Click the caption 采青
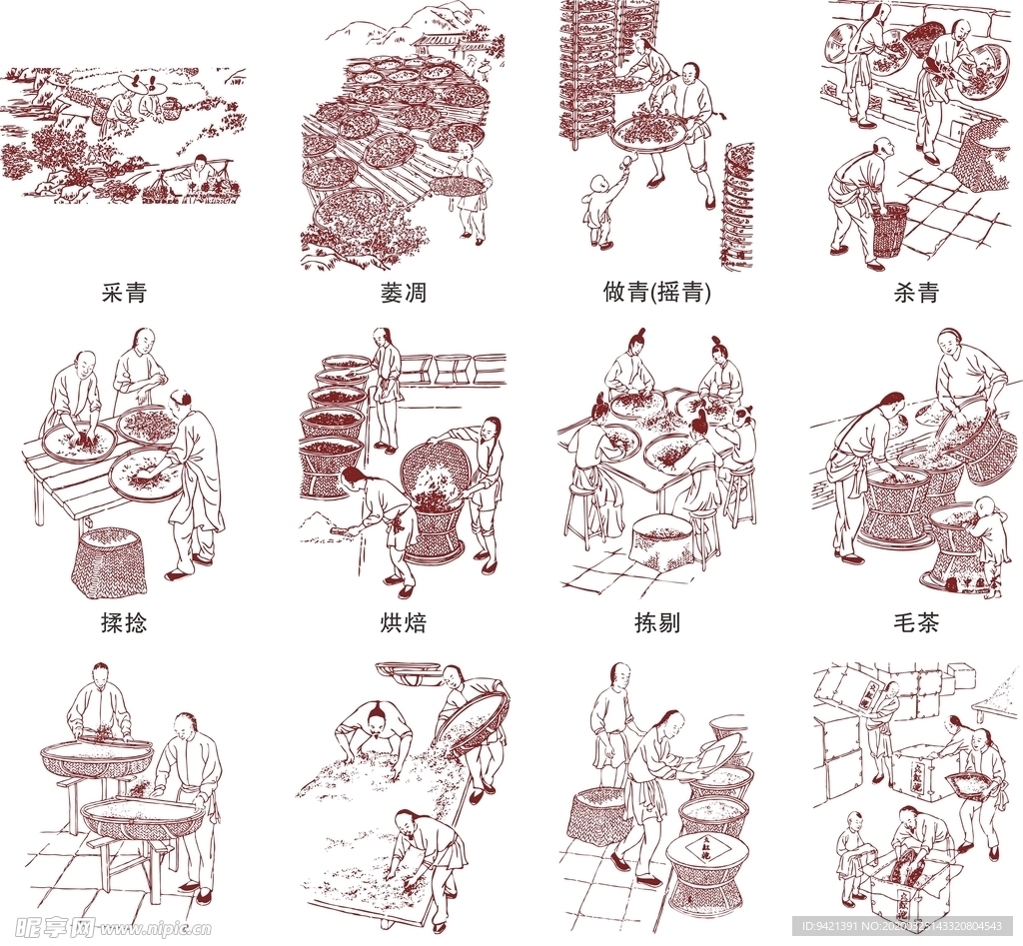coord(124,293)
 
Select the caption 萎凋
coord(403,293)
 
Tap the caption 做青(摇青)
coord(657,293)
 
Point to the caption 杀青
coord(915,293)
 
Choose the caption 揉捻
coord(124,622)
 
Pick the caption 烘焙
coord(403,622)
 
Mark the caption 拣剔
coord(657,622)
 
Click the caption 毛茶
coord(915,622)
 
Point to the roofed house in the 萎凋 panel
coord(445,45)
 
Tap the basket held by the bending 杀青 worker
coord(888,229)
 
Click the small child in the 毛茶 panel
coord(988,543)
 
